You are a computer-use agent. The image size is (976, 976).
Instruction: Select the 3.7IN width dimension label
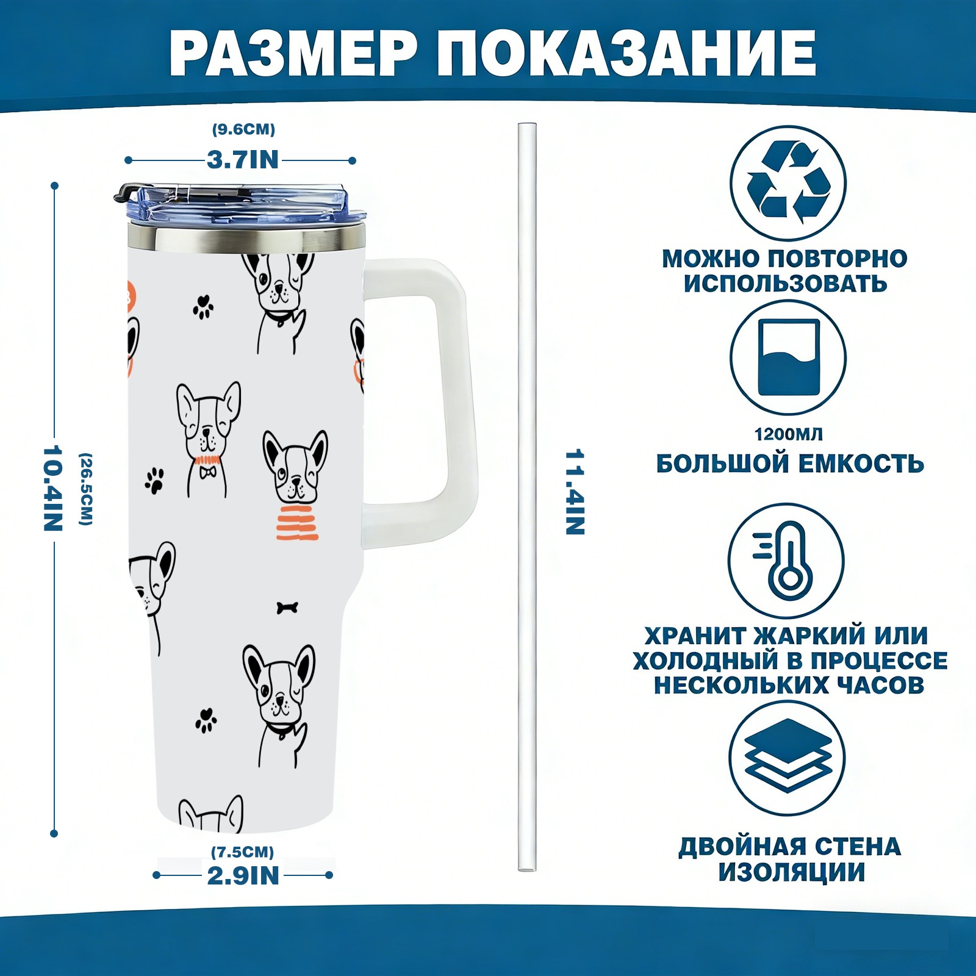coord(243,160)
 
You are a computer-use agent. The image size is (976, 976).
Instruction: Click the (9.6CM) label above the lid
coord(243,129)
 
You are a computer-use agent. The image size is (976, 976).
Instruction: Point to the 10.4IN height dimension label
coord(53,488)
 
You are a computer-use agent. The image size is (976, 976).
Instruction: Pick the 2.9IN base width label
coord(243,876)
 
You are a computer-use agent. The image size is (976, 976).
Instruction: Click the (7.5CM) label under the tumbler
coord(243,852)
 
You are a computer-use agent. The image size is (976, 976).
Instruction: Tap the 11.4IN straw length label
coord(575,492)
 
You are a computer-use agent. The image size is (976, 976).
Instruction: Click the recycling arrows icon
coord(789,182)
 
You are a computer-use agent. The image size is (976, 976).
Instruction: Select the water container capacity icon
coord(788,357)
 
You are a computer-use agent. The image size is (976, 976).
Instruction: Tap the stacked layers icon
coord(788,756)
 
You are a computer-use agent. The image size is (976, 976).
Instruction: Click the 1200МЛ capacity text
coord(789,434)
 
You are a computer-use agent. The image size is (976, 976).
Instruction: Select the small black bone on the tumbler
coord(287,608)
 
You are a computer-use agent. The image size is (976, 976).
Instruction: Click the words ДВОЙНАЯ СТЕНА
coord(790,847)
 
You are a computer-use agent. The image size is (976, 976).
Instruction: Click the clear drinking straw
coord(527,497)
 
